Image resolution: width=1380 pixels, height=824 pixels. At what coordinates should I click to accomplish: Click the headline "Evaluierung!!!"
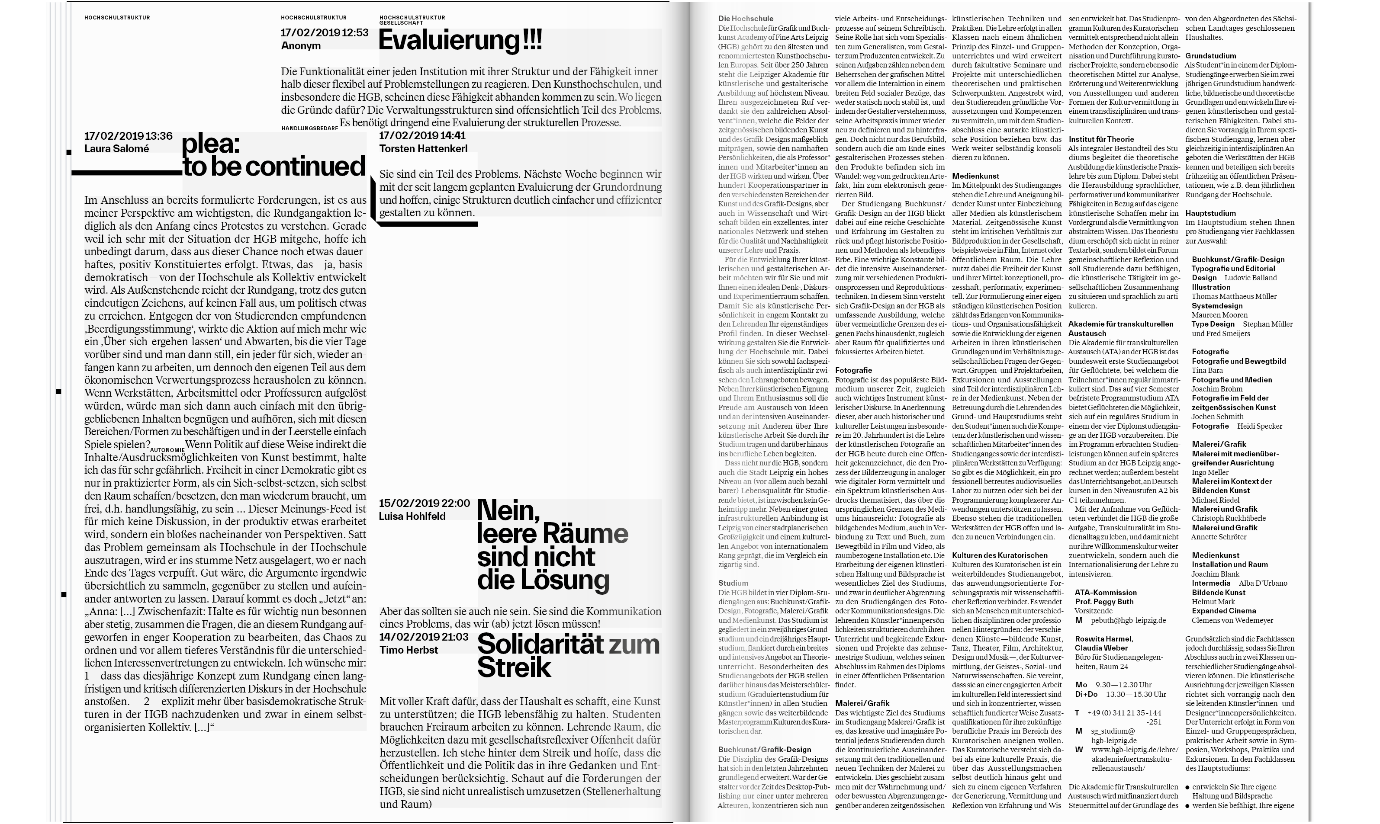tap(460, 41)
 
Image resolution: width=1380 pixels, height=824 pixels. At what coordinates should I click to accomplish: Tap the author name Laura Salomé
tap(116, 149)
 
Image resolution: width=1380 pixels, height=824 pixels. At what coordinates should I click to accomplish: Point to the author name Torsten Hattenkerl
tap(423, 149)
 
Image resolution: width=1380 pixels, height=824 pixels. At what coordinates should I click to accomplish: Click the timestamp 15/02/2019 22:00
tap(424, 503)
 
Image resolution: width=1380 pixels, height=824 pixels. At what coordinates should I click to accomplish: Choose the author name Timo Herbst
tap(408, 650)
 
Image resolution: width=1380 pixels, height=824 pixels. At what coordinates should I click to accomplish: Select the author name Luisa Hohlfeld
tap(412, 516)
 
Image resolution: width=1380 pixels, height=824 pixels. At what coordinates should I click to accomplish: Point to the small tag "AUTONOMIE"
tap(167, 450)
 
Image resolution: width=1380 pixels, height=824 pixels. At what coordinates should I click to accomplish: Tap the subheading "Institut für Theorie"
tap(1101, 139)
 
